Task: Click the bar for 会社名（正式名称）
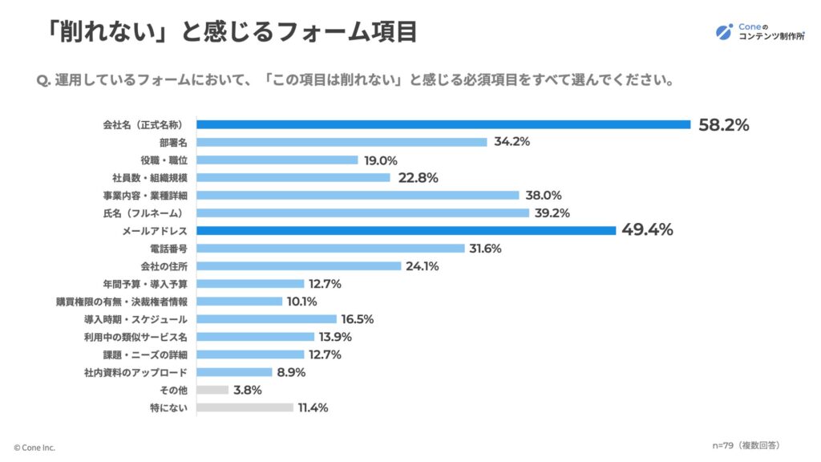click(443, 124)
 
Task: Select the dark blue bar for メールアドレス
click(406, 230)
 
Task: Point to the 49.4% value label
click(647, 230)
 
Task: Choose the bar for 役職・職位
click(277, 160)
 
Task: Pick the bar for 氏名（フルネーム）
click(363, 213)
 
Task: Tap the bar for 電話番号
click(331, 249)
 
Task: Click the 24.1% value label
click(423, 266)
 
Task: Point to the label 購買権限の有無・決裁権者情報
click(122, 302)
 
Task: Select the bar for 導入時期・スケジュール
click(267, 319)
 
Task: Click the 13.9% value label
click(336, 337)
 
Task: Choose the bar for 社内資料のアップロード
click(235, 372)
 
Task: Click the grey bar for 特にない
click(245, 407)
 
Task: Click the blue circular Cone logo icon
click(724, 32)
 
